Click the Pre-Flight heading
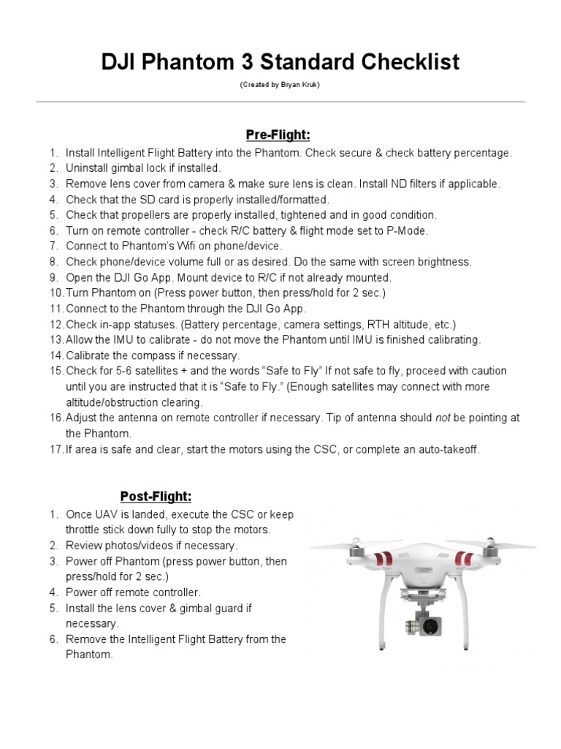(278, 135)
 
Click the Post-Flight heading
(156, 497)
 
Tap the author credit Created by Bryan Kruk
(280, 85)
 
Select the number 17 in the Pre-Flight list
(56, 449)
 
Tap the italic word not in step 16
(443, 418)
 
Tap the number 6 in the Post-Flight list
(53, 639)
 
